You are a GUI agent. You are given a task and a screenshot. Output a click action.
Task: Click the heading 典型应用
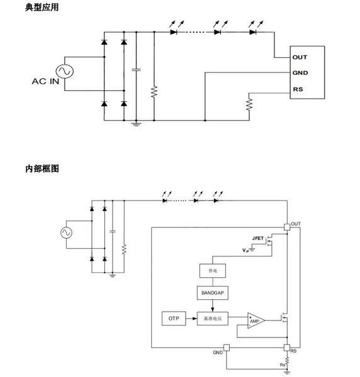coord(42,7)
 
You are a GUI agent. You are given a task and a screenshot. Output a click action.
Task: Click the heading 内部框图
coord(42,168)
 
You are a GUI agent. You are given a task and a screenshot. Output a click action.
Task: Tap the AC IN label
coord(45,81)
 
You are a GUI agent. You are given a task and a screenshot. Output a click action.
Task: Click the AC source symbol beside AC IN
coord(65,71)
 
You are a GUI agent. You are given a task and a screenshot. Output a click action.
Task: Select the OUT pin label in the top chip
coord(300,57)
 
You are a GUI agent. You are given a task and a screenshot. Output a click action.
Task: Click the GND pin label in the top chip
coord(300,73)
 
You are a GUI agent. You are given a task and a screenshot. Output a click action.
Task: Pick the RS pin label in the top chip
coord(298,89)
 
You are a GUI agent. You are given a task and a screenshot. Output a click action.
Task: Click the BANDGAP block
coord(213,293)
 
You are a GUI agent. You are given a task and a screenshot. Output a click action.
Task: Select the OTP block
coord(174,319)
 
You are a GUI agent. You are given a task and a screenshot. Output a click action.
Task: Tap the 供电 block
coord(213,271)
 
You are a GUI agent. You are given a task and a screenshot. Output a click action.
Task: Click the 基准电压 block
coord(213,319)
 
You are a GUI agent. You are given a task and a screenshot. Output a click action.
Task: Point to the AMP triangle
coord(256,320)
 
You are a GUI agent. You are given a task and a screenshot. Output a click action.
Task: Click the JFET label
coord(257,238)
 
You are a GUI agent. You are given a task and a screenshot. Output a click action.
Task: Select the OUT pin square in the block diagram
coord(287,227)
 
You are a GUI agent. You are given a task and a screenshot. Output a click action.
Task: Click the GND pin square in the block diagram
coord(227,347)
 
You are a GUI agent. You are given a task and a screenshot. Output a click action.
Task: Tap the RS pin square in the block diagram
coord(287,347)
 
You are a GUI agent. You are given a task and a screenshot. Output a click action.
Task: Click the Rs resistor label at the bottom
coord(283,364)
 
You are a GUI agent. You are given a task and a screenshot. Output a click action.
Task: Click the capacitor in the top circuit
coord(137,70)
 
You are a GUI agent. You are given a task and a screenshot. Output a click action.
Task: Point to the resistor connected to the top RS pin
coord(249,104)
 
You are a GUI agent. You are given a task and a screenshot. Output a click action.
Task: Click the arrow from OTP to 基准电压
coord(191,319)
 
